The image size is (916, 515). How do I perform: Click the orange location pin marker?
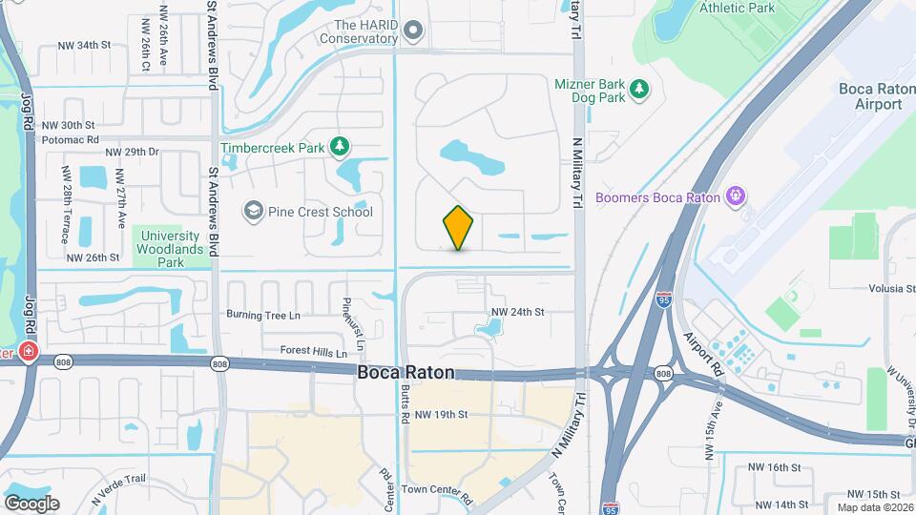(x=459, y=228)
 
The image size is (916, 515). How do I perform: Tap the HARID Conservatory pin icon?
(x=413, y=31)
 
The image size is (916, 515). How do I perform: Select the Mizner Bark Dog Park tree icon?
(x=640, y=90)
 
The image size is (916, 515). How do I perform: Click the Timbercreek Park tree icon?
(x=338, y=147)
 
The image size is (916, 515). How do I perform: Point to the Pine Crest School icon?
(x=253, y=211)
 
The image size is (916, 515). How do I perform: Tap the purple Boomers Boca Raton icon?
(x=736, y=197)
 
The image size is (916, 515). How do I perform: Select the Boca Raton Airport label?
(x=871, y=96)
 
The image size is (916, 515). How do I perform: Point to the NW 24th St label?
(x=517, y=312)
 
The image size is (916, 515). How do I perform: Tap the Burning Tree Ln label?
(x=262, y=314)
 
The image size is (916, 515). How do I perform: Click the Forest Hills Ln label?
(x=313, y=351)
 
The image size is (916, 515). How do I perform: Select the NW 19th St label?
(x=442, y=414)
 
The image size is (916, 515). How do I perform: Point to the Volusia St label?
(x=892, y=289)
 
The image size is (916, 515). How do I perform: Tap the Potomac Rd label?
(x=72, y=139)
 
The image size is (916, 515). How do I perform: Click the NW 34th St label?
(x=84, y=45)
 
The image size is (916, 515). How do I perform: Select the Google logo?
(x=31, y=503)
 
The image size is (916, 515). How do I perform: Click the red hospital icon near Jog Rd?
(x=29, y=352)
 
